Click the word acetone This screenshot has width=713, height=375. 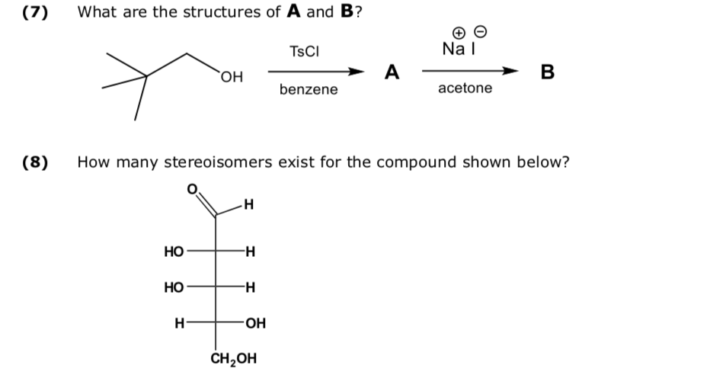point(465,88)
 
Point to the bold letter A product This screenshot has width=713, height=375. point(392,72)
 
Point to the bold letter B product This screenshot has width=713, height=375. point(546,72)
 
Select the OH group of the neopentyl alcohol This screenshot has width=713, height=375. point(232,78)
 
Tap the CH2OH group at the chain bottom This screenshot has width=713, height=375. point(233,358)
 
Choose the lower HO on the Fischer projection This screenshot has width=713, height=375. point(174,287)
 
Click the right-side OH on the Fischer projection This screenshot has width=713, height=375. point(256,323)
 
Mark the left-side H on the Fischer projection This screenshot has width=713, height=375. point(180,323)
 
